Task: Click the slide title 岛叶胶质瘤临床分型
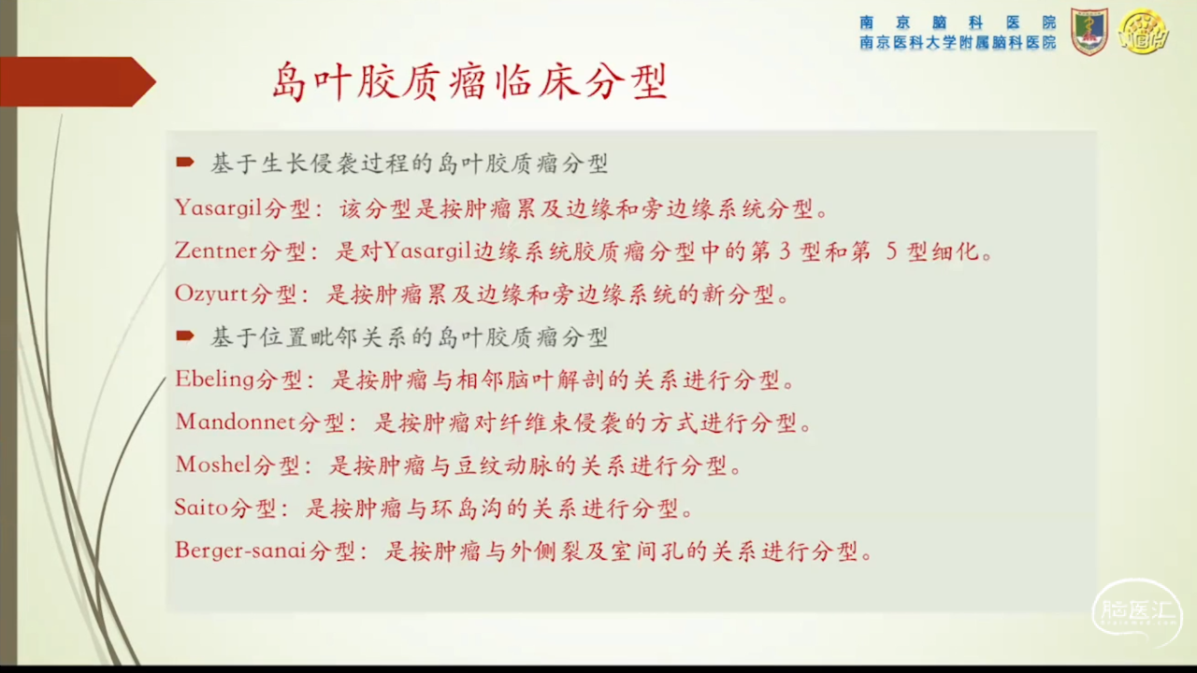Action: tap(469, 81)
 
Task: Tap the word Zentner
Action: tap(216, 251)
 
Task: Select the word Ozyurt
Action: tap(212, 294)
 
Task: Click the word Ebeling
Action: tap(214, 380)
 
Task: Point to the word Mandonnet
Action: tap(236, 422)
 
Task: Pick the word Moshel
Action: tap(213, 465)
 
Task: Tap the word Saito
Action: tap(201, 508)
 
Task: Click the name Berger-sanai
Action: tap(240, 551)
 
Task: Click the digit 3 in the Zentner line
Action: tap(785, 251)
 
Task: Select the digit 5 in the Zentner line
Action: tap(891, 251)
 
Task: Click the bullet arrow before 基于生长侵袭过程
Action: tap(185, 162)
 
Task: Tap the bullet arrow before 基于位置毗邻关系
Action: tap(185, 336)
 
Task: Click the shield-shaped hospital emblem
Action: tap(1089, 32)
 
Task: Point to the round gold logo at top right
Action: tap(1144, 32)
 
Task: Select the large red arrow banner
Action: tap(78, 81)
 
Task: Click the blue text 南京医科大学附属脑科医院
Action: tap(958, 43)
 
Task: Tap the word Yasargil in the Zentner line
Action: tap(427, 251)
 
